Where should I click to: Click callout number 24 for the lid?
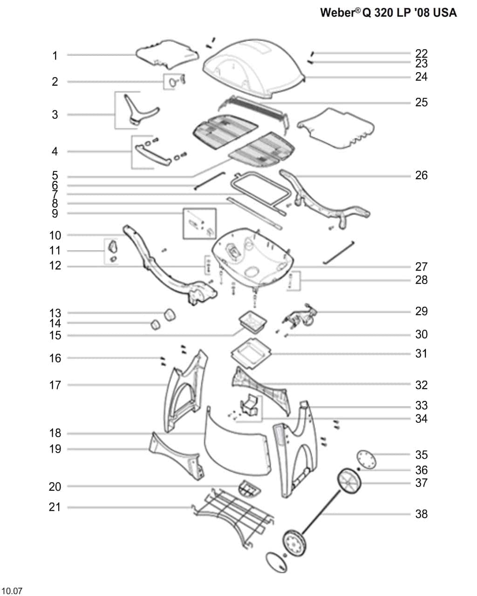[421, 76]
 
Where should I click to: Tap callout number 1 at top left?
[55, 56]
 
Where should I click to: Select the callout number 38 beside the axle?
[421, 514]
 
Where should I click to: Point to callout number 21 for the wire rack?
[55, 507]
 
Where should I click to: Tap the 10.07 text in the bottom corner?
[12, 591]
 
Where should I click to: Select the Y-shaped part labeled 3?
[137, 109]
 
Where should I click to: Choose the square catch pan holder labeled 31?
[252, 352]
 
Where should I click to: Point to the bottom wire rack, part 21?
[233, 515]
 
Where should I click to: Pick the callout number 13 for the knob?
[55, 313]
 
